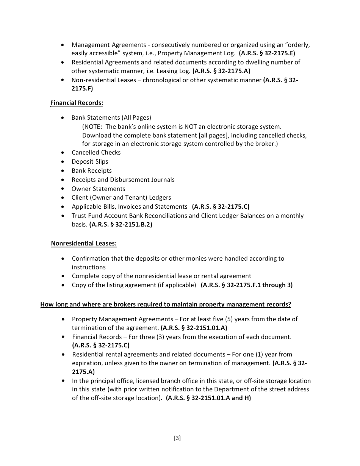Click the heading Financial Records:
click(x=77, y=103)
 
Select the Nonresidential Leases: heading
click(x=84, y=244)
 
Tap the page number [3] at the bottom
click(x=177, y=438)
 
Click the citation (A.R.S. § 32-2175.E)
click(x=267, y=53)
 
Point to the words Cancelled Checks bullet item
click(x=96, y=152)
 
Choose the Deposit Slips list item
click(x=90, y=161)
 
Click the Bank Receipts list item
click(x=91, y=170)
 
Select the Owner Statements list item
click(x=98, y=189)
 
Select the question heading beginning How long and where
click(x=166, y=305)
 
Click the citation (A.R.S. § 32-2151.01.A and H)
click(x=208, y=398)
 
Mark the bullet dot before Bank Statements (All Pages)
click(x=63, y=118)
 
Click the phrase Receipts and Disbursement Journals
click(x=123, y=180)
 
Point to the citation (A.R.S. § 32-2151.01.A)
click(x=194, y=328)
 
